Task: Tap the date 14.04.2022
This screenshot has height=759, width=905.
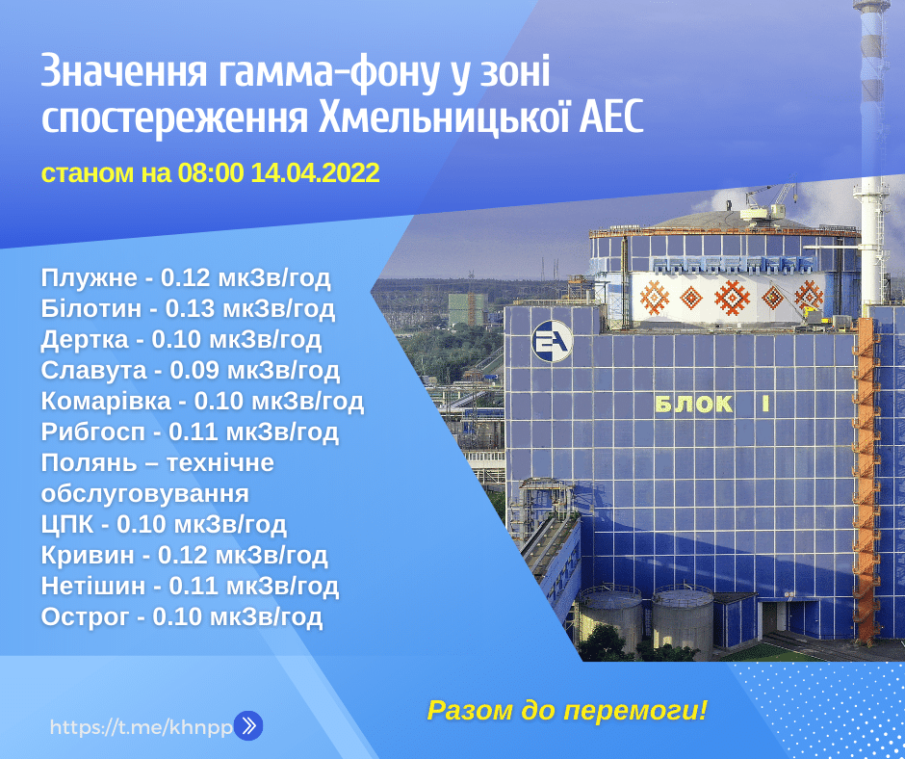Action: click(x=315, y=172)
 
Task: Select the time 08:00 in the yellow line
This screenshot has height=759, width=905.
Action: click(x=211, y=172)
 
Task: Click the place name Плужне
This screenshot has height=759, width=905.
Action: click(x=89, y=278)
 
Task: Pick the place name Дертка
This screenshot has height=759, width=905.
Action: click(x=85, y=340)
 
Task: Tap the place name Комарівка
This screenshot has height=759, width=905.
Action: click(x=106, y=401)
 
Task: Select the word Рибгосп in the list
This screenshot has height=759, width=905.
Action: click(x=93, y=432)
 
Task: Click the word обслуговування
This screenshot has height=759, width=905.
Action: click(x=144, y=494)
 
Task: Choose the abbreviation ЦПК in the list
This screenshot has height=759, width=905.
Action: click(x=67, y=525)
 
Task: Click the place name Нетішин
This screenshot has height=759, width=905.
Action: click(x=93, y=587)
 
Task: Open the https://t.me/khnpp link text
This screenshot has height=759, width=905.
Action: click(x=142, y=726)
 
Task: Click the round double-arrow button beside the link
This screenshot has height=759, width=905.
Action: click(x=248, y=726)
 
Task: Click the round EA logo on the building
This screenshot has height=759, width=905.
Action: click(x=553, y=341)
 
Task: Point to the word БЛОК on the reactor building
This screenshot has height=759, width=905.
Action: click(x=694, y=405)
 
